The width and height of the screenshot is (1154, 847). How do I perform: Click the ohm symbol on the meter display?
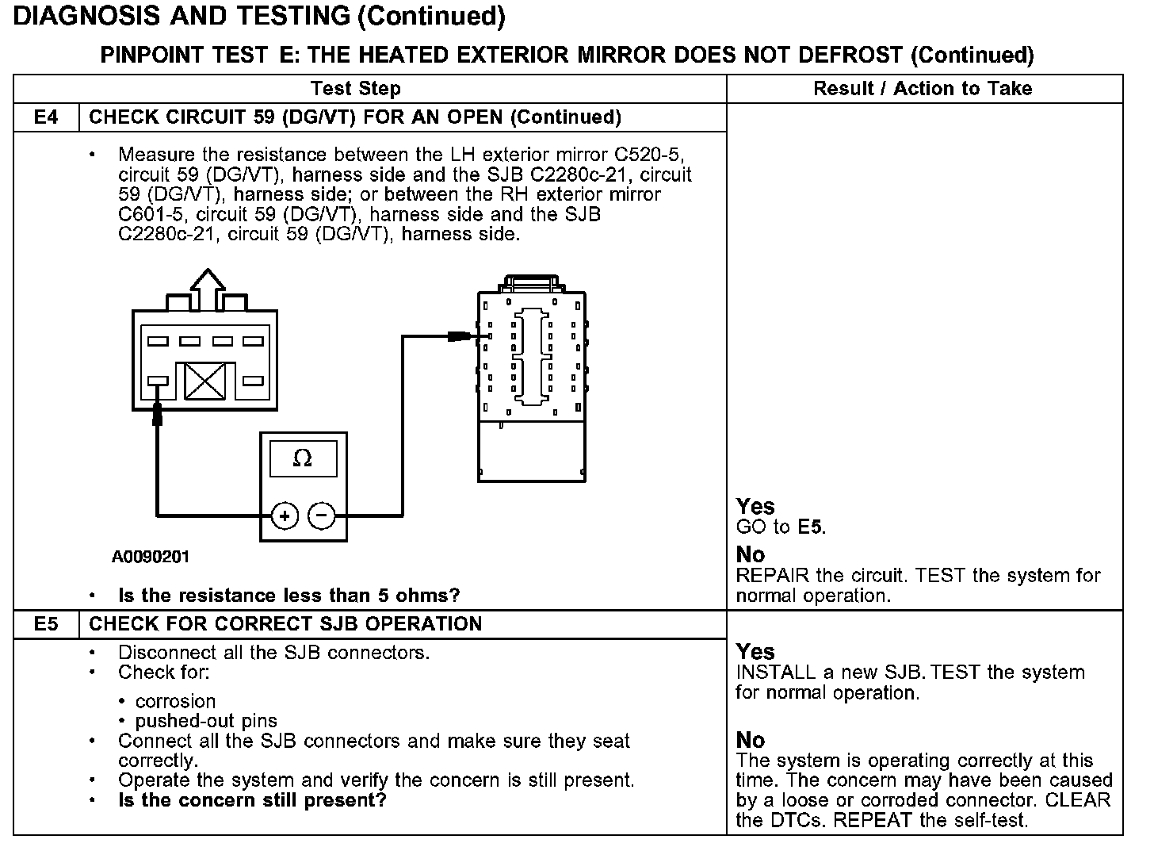[x=303, y=458]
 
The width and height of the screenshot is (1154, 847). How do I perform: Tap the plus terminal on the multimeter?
[x=285, y=516]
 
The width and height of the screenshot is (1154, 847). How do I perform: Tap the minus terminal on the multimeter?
[x=321, y=516]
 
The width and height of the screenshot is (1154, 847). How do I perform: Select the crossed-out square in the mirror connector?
[x=204, y=381]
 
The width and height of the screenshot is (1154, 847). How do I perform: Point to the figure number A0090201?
[x=151, y=558]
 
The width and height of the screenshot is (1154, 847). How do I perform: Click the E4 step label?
[x=46, y=117]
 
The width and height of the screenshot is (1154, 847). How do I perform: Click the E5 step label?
[x=46, y=624]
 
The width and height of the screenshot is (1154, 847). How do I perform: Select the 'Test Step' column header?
[x=356, y=89]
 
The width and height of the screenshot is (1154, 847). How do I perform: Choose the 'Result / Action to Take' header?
[x=923, y=89]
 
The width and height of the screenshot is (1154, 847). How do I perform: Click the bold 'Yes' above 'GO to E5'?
[x=755, y=507]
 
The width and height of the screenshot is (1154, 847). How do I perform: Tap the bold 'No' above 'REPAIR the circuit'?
[x=750, y=554]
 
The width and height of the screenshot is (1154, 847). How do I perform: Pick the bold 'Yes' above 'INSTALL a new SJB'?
[x=755, y=652]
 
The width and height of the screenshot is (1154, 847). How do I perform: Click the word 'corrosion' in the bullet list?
[x=175, y=702]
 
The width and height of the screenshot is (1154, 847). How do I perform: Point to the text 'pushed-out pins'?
[x=206, y=722]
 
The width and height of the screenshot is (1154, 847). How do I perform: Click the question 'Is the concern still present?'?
[x=252, y=800]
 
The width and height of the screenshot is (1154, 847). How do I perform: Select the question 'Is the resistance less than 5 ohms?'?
[x=288, y=596]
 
